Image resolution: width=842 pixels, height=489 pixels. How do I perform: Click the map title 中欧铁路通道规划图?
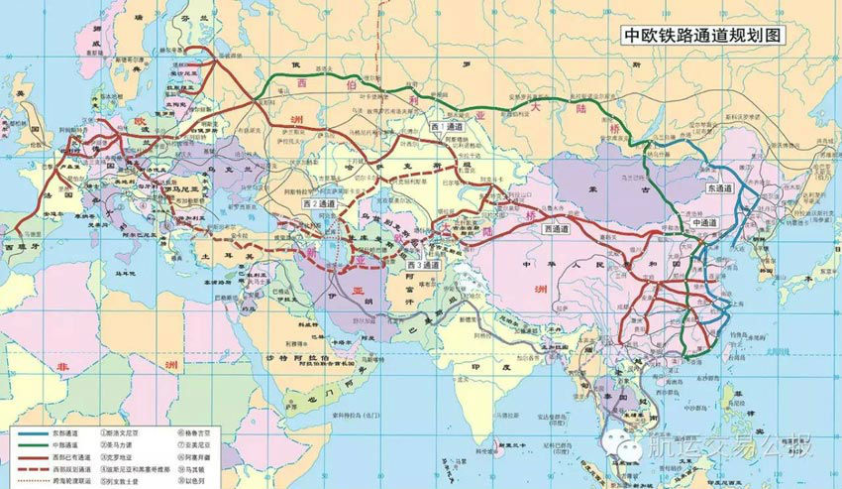coord(702,35)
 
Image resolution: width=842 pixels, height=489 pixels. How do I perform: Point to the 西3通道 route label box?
coord(423,265)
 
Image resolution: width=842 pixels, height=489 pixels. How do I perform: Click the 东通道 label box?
coord(720,187)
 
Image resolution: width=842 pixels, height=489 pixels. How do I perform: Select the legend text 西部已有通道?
coord(72,459)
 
